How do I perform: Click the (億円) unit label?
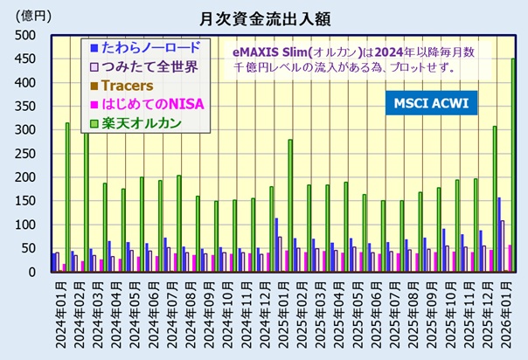tap(27, 16)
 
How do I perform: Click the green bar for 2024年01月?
tap(67, 197)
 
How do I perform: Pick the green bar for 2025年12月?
tap(494, 198)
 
